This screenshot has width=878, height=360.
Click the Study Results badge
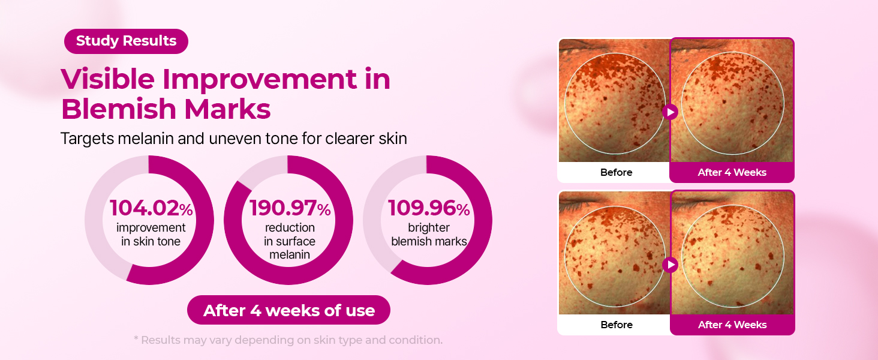point(126,41)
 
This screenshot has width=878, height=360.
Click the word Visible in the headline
point(108,79)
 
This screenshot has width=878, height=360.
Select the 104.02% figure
point(151,208)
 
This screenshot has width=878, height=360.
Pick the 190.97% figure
point(290,208)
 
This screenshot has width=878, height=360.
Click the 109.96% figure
point(429,208)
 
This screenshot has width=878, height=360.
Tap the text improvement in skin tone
point(151,234)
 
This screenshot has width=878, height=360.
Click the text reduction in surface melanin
point(290,241)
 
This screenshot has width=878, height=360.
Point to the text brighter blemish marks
point(429,234)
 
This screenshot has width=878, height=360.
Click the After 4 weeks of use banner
point(289,310)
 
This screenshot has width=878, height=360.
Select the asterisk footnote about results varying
point(288,340)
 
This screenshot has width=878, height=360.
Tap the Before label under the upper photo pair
point(616,173)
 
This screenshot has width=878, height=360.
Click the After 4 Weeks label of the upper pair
point(732,173)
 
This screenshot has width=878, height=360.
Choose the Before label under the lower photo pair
point(617,325)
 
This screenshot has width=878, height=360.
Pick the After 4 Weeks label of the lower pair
point(732,325)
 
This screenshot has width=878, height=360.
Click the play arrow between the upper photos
point(670,112)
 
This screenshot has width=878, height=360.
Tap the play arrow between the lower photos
point(670,265)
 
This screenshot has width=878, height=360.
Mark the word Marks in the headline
point(227,109)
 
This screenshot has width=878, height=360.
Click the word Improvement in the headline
point(260,80)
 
